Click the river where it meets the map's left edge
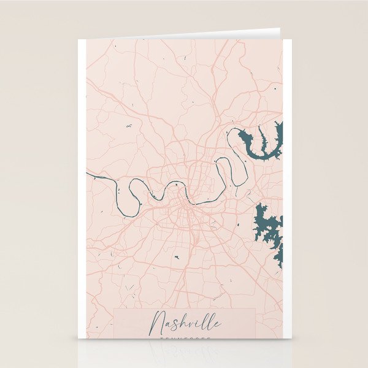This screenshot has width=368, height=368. point(88,174)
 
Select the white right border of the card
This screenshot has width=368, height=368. point(287,184)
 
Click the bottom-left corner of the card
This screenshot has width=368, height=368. point(79,339)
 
